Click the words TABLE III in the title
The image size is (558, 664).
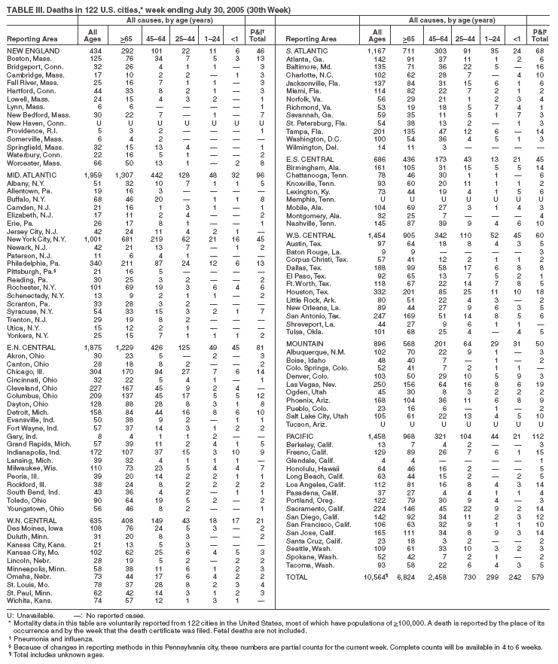(23, 7)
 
